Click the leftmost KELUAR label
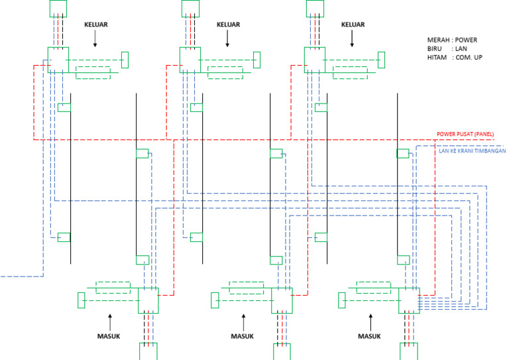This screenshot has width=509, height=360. (x=95, y=25)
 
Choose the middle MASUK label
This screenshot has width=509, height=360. (x=242, y=336)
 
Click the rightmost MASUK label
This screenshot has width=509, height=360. (x=370, y=336)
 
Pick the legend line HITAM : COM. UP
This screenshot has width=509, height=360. (x=457, y=58)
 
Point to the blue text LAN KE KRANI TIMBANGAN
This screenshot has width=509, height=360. (x=473, y=151)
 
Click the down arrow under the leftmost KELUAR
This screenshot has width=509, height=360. (x=95, y=40)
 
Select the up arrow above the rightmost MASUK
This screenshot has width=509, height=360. (x=370, y=320)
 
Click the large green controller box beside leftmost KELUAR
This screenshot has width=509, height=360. (x=58, y=59)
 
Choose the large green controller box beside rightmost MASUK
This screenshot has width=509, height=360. (x=408, y=300)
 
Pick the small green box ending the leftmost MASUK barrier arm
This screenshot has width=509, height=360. (x=82, y=300)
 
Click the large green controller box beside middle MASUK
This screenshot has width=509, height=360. (x=280, y=300)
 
